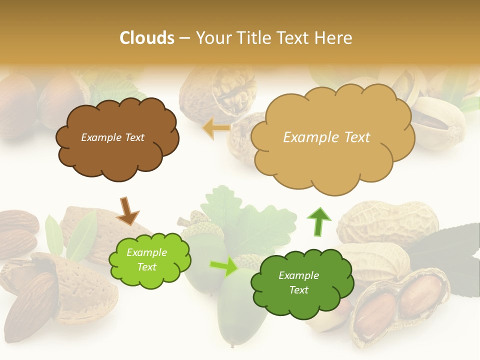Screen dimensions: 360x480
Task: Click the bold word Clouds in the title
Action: [146, 38]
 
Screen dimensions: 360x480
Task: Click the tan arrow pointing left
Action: [216, 128]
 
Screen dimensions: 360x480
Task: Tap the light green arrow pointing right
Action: [223, 267]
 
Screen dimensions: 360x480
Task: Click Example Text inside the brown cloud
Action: [112, 137]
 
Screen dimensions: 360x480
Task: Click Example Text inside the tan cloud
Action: [326, 137]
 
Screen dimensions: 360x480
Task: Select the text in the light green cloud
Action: [147, 259]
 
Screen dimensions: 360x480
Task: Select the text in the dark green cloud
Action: [298, 282]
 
